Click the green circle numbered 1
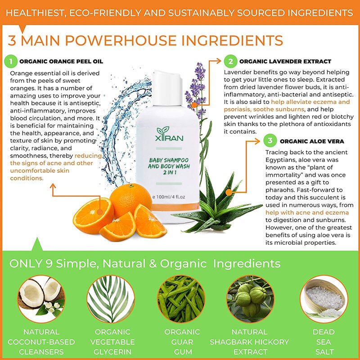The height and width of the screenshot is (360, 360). pyautogui.click(x=10, y=61)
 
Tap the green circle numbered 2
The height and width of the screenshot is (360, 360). pyautogui.click(x=230, y=61)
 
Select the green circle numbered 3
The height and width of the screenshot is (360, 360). pyautogui.click(x=270, y=140)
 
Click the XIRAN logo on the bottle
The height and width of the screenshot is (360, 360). pyautogui.click(x=169, y=134)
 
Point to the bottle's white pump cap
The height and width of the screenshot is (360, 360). pyautogui.click(x=167, y=87)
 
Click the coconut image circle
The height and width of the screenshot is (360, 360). pyautogui.click(x=41, y=299)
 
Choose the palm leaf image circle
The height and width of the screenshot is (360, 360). pyautogui.click(x=111, y=299)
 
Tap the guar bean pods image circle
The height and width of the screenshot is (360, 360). pyautogui.click(x=181, y=299)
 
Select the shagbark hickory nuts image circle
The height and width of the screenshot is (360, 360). pyautogui.click(x=251, y=299)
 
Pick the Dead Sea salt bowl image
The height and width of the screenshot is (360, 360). pyautogui.click(x=324, y=299)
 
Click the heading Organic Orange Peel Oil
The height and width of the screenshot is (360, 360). pyautogui.click(x=61, y=62)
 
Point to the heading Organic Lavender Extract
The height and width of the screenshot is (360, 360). pyautogui.click(x=285, y=62)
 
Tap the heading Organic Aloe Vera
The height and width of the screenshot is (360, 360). pyautogui.click(x=312, y=141)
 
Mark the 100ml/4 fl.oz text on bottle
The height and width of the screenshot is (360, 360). pyautogui.click(x=171, y=197)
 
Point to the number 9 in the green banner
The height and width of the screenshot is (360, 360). pyautogui.click(x=49, y=263)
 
